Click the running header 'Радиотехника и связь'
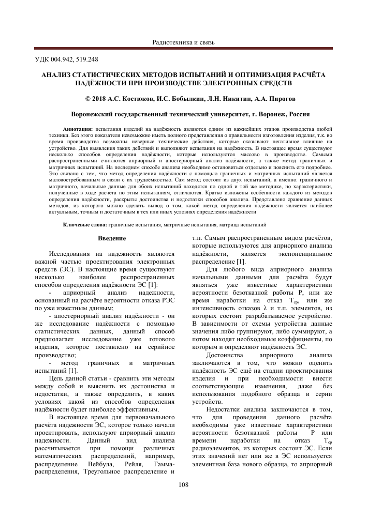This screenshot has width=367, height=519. click(183, 42)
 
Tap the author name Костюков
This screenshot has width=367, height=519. click(139, 97)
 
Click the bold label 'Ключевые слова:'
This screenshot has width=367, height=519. click(85, 225)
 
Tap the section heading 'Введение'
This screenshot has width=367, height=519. click(112, 238)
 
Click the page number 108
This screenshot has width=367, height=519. click(183, 484)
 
